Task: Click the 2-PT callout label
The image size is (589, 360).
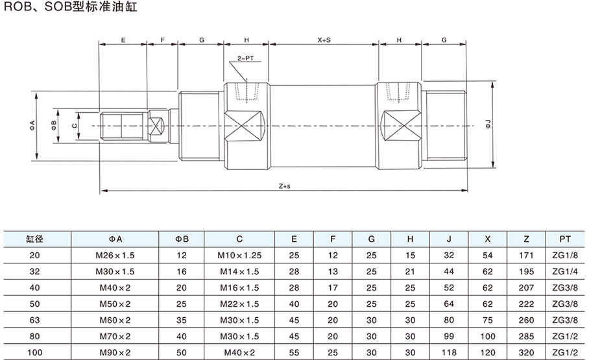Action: pos(246,58)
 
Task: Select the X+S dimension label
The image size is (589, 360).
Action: pos(324,40)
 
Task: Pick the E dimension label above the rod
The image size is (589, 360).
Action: pos(123,40)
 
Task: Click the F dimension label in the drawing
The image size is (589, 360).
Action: pos(162,40)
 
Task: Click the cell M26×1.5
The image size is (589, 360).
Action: pos(115,255)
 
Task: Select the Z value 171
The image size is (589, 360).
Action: pos(526,255)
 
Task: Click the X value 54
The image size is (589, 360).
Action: pos(488,255)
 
